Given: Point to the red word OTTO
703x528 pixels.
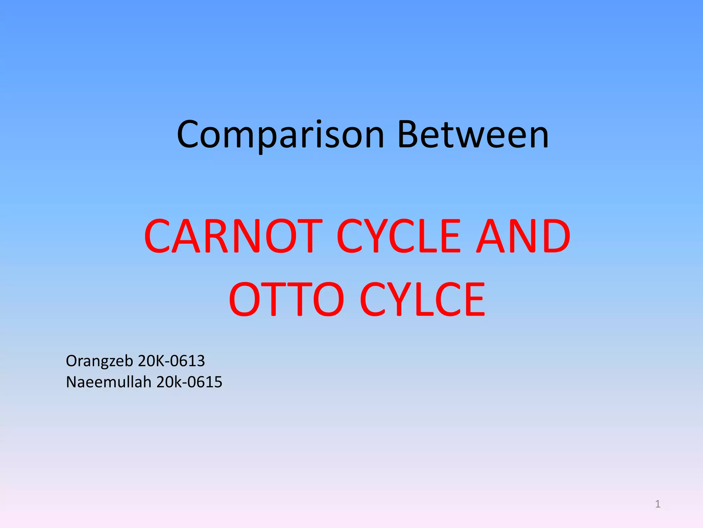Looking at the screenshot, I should (x=286, y=299).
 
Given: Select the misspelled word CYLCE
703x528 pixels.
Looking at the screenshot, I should (x=423, y=299).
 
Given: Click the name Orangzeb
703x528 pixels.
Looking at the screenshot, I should (x=100, y=361).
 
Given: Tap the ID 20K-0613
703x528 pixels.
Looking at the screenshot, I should (x=171, y=361).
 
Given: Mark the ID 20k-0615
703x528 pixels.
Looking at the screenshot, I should (x=189, y=382).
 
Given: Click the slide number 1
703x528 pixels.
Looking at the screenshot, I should (x=658, y=504).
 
